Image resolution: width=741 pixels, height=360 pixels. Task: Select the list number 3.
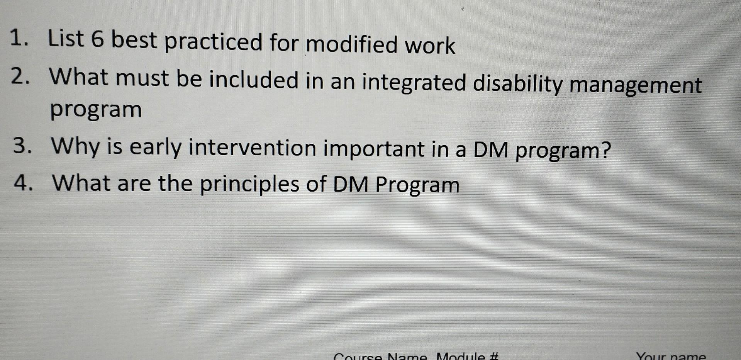20,146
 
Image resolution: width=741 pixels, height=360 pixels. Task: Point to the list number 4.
22,183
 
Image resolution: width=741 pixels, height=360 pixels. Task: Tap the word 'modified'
351,45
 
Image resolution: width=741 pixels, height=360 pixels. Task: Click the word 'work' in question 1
430,46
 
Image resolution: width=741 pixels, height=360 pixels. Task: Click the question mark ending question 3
607,150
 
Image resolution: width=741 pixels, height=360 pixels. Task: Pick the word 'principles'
249,184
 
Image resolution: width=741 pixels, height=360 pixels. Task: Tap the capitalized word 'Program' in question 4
417,185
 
